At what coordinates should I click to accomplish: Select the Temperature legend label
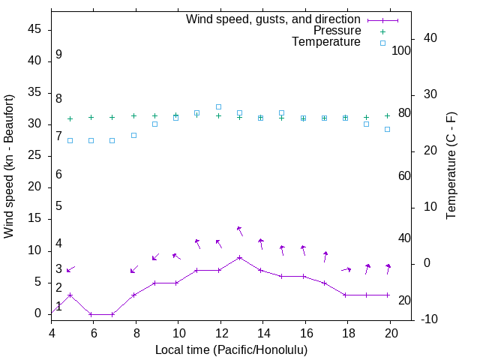326,43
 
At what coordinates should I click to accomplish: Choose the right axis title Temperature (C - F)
451,166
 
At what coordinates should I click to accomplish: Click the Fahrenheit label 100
402,50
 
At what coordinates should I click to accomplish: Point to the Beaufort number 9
58,55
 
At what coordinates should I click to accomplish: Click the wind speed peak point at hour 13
239,257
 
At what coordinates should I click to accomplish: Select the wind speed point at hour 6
91,314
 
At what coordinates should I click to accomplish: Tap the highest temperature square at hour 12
218,106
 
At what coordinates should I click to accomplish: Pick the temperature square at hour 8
133,135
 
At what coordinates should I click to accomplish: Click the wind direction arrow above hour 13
239,231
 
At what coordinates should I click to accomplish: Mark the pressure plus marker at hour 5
70,118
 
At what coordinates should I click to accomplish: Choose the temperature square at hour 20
388,129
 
